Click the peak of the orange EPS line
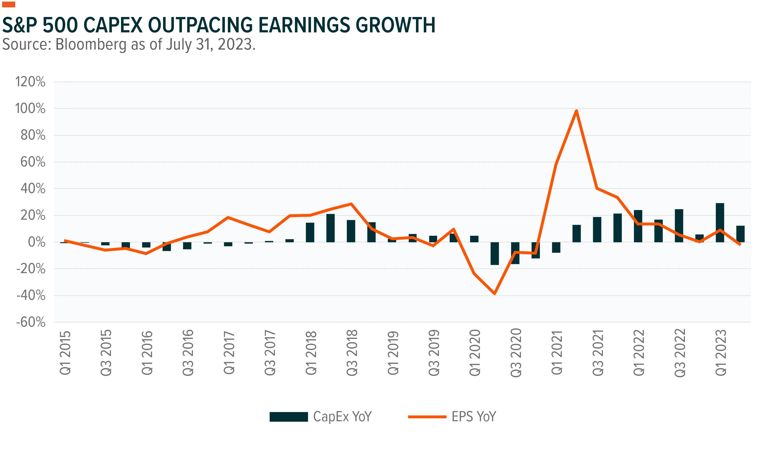click(576, 111)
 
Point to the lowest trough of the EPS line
click(495, 294)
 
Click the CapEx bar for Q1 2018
click(310, 232)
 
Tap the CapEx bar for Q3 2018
click(351, 231)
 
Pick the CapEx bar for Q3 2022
click(679, 226)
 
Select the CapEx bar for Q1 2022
click(638, 226)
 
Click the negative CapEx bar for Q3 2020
click(515, 253)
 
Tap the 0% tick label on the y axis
click(37, 242)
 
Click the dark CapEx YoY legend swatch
click(288, 417)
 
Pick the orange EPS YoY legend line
click(427, 417)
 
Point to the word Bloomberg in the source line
click(91, 45)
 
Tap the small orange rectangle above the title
click(8, 4)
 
